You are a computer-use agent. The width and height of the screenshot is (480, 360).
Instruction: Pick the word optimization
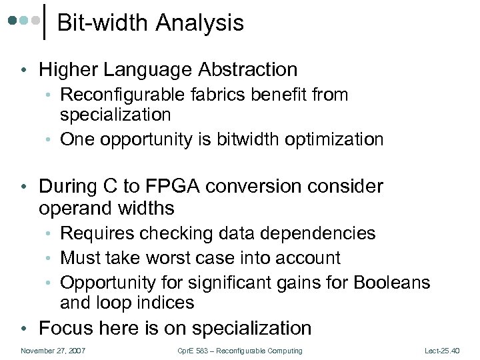click(339, 139)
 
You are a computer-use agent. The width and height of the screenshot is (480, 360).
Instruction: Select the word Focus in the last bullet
click(66, 328)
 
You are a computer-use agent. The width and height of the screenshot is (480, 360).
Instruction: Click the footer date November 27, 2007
click(53, 351)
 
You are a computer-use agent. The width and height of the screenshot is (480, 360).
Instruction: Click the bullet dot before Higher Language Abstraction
click(24, 70)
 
